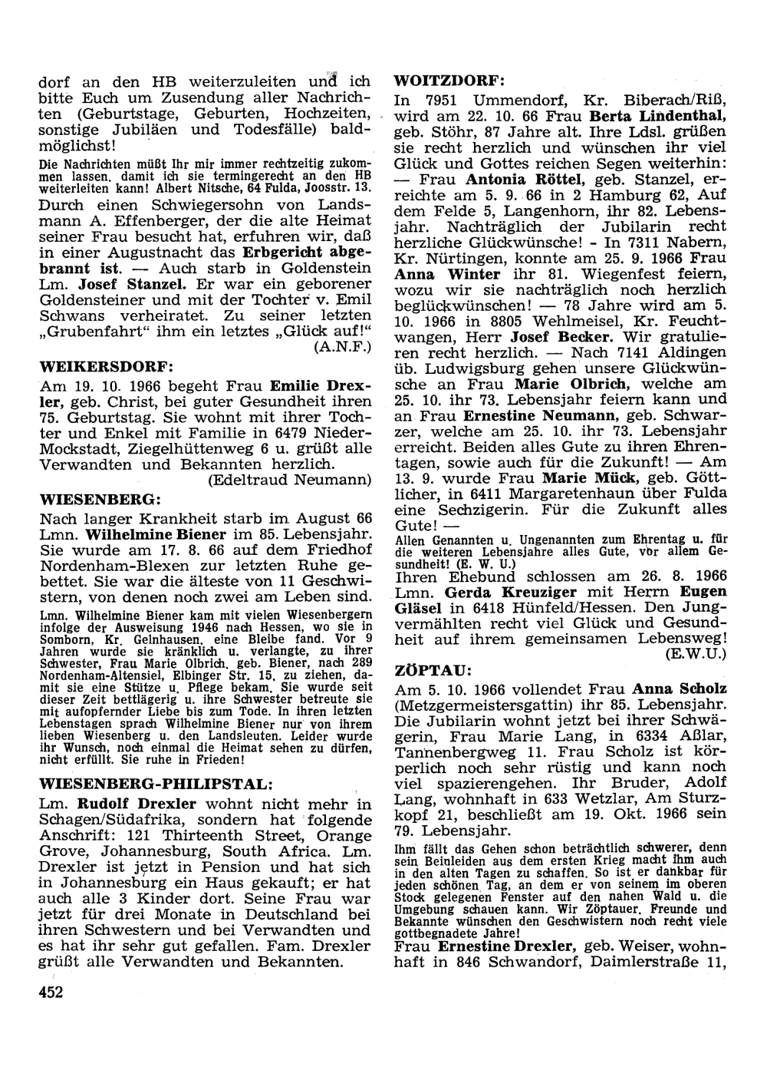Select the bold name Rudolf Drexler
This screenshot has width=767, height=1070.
pos(137,804)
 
